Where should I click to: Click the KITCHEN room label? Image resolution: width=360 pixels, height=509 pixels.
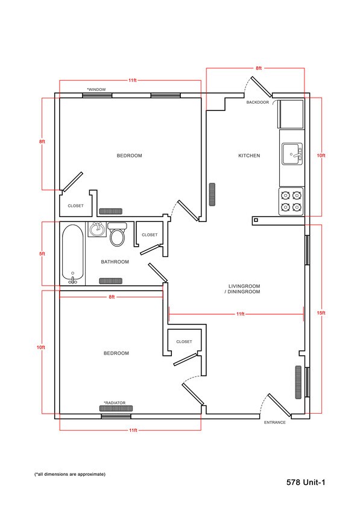click(x=249, y=156)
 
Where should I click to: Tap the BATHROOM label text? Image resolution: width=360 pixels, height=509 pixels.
click(x=115, y=262)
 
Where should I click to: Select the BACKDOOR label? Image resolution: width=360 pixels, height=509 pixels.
click(x=257, y=103)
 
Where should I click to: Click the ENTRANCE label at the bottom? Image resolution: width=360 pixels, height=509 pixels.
click(x=275, y=422)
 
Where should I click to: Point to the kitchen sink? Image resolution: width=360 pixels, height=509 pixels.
click(x=293, y=154)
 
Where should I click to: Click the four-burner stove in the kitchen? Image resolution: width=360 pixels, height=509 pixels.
click(x=292, y=201)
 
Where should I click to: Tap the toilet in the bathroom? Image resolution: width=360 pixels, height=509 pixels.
click(x=118, y=235)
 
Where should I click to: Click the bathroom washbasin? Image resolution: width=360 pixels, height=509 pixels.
click(x=96, y=229)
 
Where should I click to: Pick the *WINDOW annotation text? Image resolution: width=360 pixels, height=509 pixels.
click(x=96, y=89)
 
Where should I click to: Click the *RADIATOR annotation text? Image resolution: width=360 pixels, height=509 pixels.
click(x=115, y=402)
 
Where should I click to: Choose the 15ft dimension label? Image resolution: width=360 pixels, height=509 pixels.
click(x=321, y=313)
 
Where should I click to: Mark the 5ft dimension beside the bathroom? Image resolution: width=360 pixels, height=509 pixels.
click(x=42, y=254)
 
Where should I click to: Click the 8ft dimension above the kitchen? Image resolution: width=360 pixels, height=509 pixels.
click(x=259, y=69)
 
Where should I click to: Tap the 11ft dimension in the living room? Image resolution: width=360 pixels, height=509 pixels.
click(x=240, y=314)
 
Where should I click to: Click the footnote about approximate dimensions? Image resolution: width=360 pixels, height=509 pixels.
click(x=70, y=474)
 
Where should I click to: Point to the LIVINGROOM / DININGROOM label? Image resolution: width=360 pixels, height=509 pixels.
click(x=244, y=288)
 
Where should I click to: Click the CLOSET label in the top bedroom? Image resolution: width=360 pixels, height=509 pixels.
click(x=75, y=206)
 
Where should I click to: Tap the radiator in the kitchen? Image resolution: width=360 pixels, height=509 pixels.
click(x=212, y=194)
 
